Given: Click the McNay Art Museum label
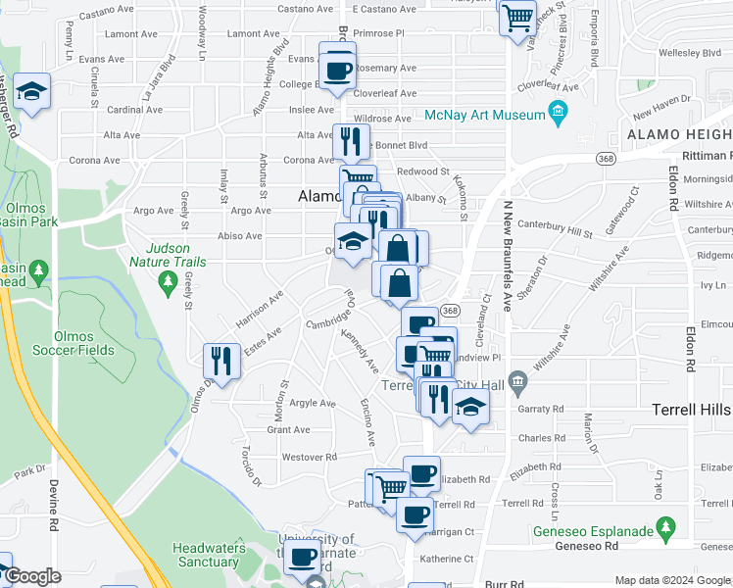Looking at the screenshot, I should click(485, 116).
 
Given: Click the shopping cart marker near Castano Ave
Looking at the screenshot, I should click(517, 16).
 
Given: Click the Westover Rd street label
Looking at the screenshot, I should click(309, 457).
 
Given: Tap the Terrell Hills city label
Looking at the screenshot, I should click(692, 410).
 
